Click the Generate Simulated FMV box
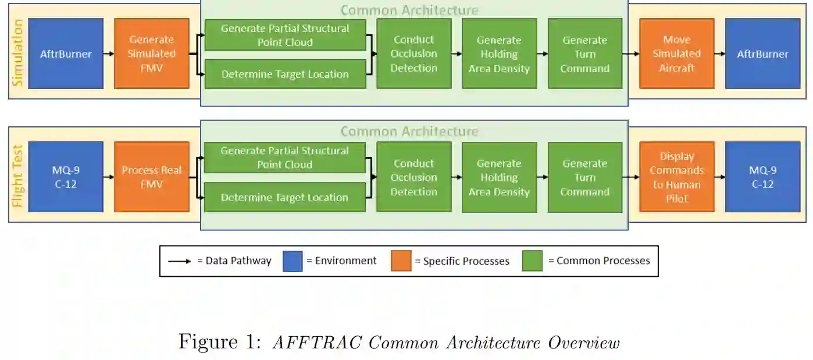pyautogui.click(x=151, y=54)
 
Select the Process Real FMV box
pyautogui.click(x=151, y=177)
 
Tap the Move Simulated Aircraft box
pyautogui.click(x=676, y=54)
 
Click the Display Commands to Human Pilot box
pyautogui.click(x=676, y=177)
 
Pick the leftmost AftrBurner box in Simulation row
pyautogui.click(x=66, y=54)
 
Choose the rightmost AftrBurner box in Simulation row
pyautogui.click(x=762, y=54)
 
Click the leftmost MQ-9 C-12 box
pyautogui.click(x=66, y=177)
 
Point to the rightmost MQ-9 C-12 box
pyautogui.click(x=762, y=177)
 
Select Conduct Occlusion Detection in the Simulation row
pyautogui.click(x=413, y=54)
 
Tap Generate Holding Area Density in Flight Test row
pyautogui.click(x=499, y=177)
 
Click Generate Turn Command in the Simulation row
pyautogui.click(x=584, y=54)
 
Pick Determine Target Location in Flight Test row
pyautogui.click(x=284, y=197)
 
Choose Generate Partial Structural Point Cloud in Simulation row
pyautogui.click(x=284, y=35)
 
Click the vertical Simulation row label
pyautogui.click(x=17, y=54)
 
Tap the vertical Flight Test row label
pyautogui.click(x=17, y=177)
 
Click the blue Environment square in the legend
pyautogui.click(x=293, y=261)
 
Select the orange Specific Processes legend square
pyautogui.click(x=401, y=261)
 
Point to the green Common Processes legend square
pyautogui.click(x=532, y=261)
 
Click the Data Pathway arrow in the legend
pyautogui.click(x=179, y=261)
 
